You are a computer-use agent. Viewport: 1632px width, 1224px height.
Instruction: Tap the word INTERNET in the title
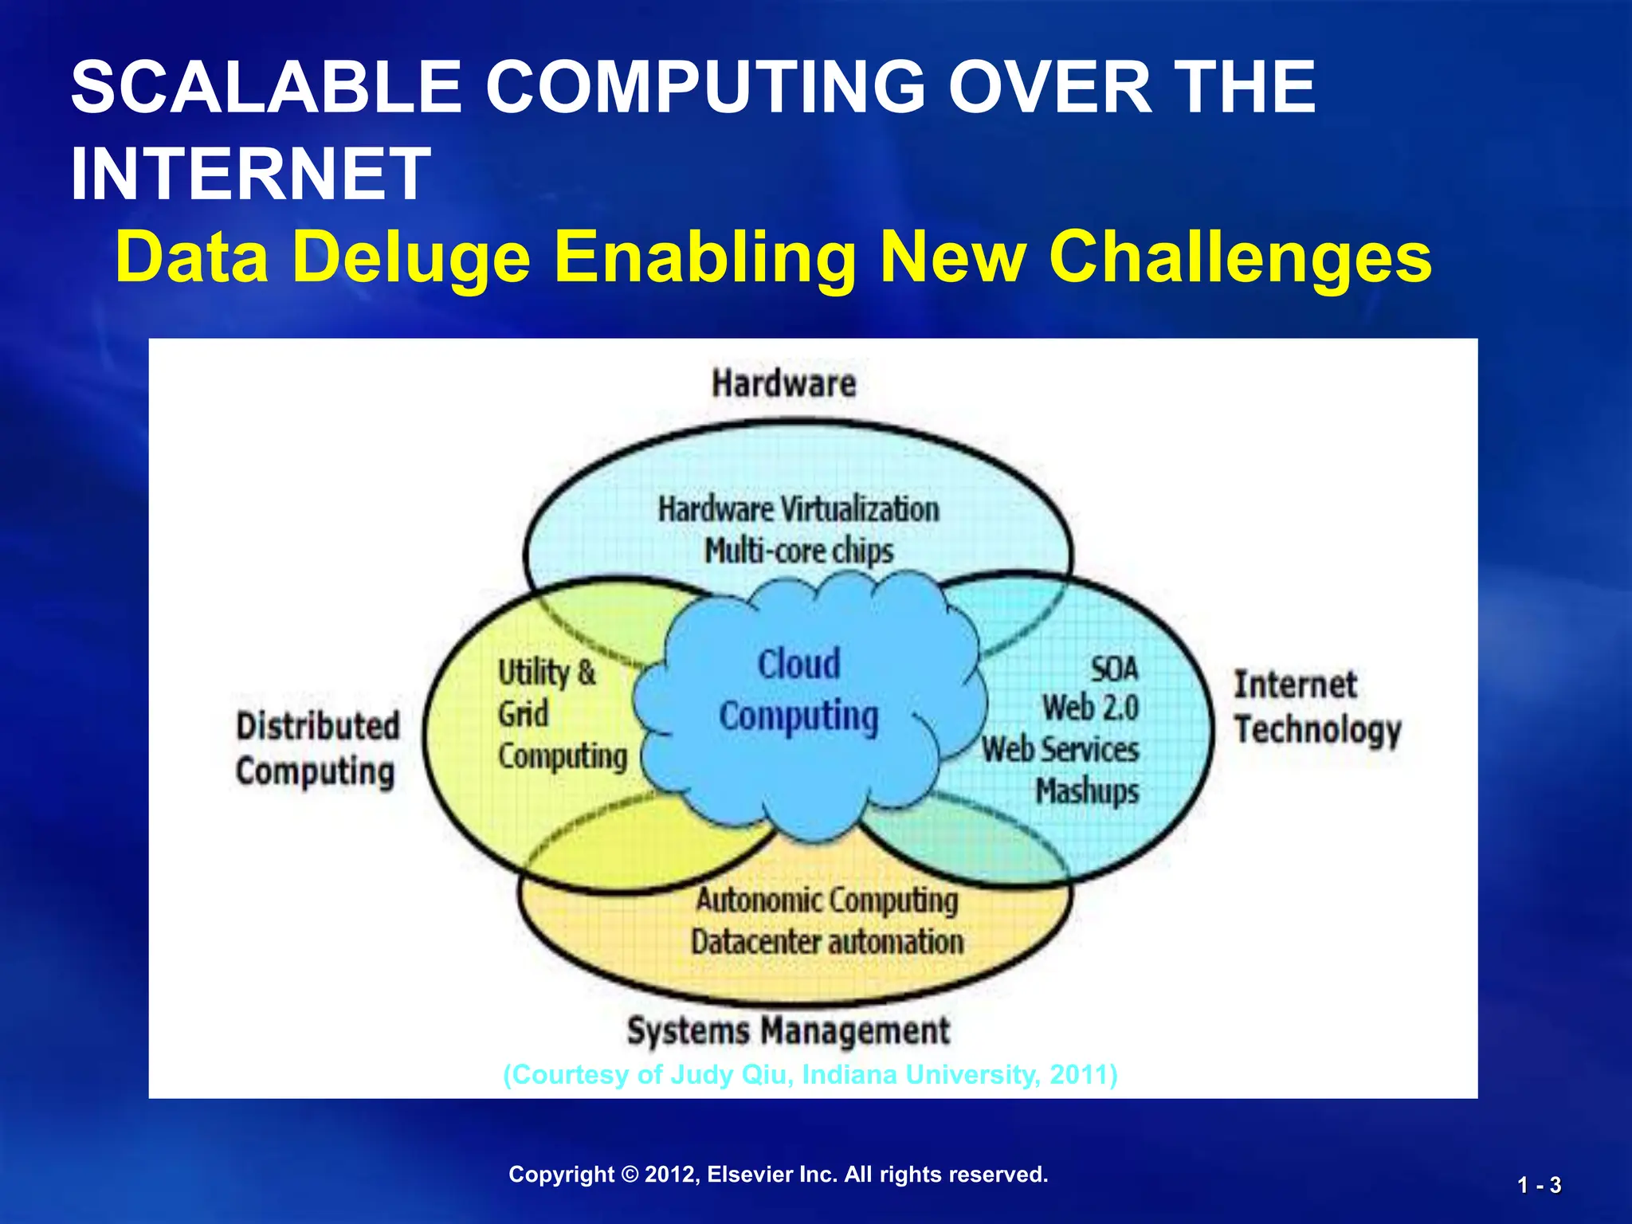point(250,174)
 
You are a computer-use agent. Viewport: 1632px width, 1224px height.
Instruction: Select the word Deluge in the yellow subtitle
point(411,257)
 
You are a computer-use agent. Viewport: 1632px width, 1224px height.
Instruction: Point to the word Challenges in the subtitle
point(1240,257)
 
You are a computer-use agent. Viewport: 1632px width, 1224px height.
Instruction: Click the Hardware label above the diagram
point(783,383)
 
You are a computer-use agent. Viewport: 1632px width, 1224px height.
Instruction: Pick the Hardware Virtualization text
point(798,509)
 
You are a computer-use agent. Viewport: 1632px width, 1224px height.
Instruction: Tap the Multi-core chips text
point(798,551)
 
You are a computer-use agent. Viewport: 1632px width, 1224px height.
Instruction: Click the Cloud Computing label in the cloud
point(798,690)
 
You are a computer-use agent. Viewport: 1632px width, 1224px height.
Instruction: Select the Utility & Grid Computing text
point(561,714)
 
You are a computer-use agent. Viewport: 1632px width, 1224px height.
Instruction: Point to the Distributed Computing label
point(317,749)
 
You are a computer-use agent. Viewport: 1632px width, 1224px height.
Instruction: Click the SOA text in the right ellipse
point(1114,669)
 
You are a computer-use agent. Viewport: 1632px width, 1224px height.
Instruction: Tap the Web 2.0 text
point(1090,708)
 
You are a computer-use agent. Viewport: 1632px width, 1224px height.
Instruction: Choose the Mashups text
point(1087,791)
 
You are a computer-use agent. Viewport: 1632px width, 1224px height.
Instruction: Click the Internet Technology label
point(1316,708)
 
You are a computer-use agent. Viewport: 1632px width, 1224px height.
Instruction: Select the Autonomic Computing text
point(827,900)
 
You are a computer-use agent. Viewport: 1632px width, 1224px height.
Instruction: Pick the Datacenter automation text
point(827,943)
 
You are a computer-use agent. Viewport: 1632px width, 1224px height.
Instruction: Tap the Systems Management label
point(788,1031)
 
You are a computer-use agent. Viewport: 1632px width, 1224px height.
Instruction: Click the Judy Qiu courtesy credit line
point(810,1075)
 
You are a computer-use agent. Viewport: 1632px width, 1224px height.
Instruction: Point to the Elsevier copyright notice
point(778,1175)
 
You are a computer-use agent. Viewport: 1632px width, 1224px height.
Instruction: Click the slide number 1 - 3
point(1539,1186)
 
